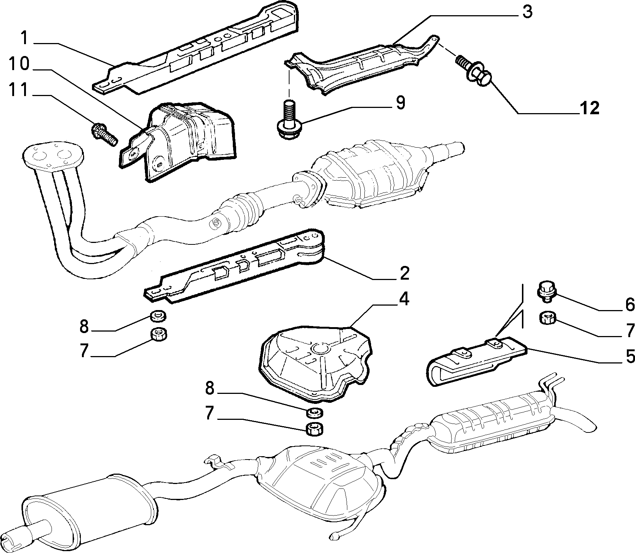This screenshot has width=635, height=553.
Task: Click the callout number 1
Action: pyautogui.click(x=24, y=38)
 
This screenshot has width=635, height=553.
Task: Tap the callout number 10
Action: pyautogui.click(x=19, y=64)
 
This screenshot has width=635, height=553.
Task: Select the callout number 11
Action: pyautogui.click(x=18, y=90)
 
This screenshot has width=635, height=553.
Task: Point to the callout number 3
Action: pyautogui.click(x=527, y=12)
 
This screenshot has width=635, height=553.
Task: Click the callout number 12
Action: pyautogui.click(x=589, y=108)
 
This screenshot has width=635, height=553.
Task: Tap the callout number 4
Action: pyautogui.click(x=404, y=299)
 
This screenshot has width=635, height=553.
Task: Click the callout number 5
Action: pyautogui.click(x=630, y=356)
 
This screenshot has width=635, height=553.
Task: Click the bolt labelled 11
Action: pyautogui.click(x=104, y=135)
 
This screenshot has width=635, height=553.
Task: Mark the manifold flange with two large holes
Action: pyautogui.click(x=52, y=157)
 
